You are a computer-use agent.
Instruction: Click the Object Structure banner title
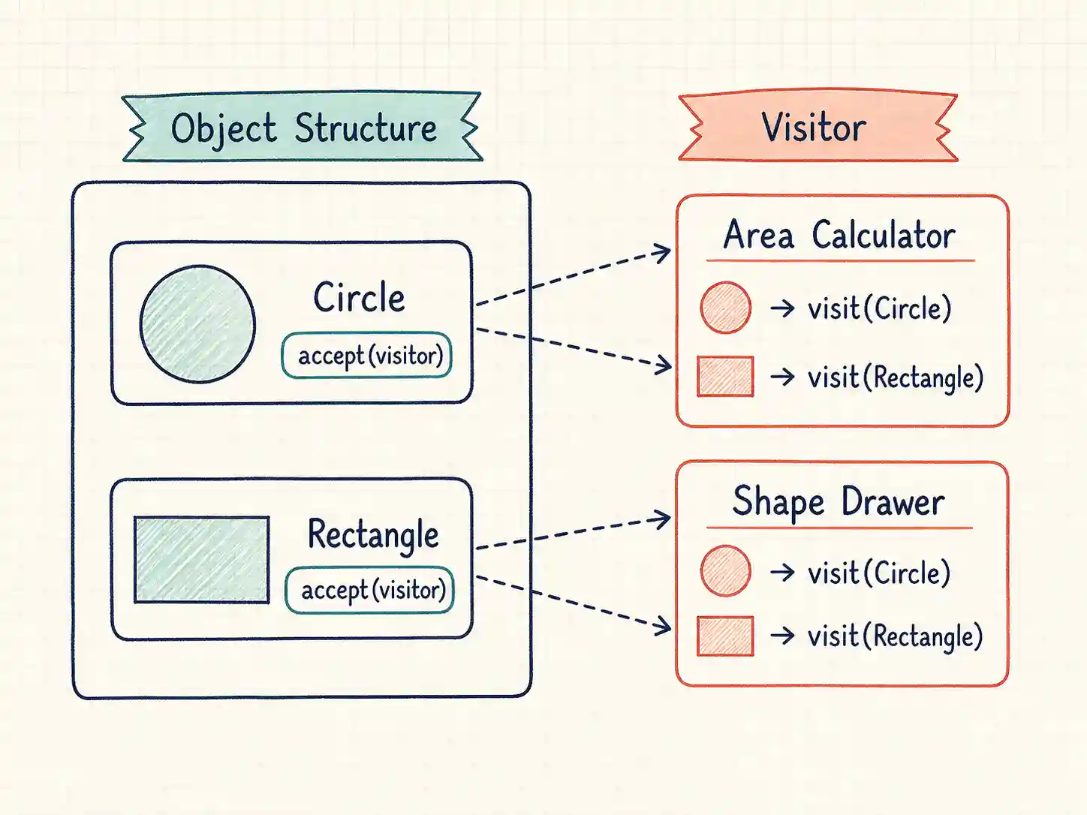click(303, 128)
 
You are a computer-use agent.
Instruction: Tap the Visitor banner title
click(814, 128)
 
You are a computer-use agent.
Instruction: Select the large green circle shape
click(197, 324)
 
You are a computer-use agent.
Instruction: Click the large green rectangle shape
click(202, 560)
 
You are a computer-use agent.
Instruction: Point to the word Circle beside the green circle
click(359, 297)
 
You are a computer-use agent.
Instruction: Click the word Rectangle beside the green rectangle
click(373, 536)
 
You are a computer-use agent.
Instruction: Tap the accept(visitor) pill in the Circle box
click(367, 355)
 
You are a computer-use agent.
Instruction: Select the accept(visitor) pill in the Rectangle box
click(370, 591)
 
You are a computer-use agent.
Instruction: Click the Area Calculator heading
click(839, 235)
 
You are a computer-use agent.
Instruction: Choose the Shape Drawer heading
click(839, 502)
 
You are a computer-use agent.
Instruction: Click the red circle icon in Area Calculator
click(725, 308)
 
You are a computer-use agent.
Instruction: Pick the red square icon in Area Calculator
click(725, 376)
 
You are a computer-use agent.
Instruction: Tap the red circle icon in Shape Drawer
click(725, 570)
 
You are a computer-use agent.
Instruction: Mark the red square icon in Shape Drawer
click(725, 636)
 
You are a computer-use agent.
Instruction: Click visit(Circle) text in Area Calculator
click(880, 308)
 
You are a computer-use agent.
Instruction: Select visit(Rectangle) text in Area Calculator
click(896, 377)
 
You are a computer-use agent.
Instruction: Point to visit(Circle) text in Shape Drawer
click(880, 573)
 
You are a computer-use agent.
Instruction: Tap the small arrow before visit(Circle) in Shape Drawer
click(782, 573)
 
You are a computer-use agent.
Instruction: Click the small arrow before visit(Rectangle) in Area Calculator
click(782, 377)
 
